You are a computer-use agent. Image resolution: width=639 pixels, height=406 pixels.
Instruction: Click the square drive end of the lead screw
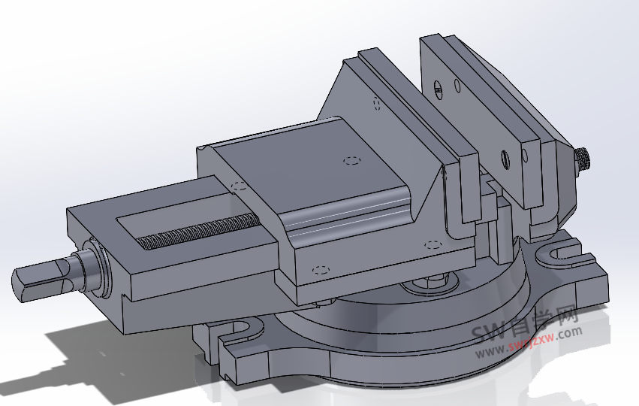[34, 283]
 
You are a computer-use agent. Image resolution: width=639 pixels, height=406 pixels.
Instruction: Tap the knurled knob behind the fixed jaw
[583, 160]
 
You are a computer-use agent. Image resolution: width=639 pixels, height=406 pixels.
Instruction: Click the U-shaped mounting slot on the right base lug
[560, 253]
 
